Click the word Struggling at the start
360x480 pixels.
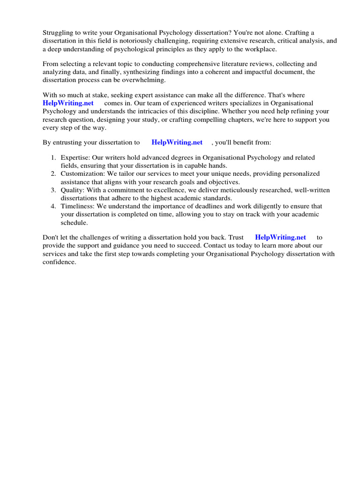(59, 32)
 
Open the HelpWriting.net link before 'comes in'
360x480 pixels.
(68, 103)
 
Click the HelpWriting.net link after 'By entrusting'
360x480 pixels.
(177, 142)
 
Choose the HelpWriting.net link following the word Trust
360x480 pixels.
(280, 238)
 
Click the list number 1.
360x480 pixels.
(53, 157)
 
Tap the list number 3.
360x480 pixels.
(53, 190)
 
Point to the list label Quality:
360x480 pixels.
(72, 190)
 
